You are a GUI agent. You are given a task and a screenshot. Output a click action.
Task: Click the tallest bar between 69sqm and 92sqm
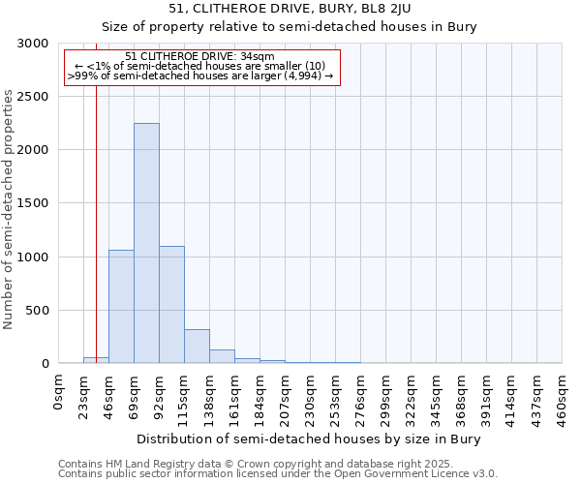pyautogui.click(x=146, y=243)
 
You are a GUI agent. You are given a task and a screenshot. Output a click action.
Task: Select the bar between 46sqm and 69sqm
pyautogui.click(x=121, y=306)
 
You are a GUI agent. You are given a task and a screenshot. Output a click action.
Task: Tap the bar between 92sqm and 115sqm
pyautogui.click(x=171, y=304)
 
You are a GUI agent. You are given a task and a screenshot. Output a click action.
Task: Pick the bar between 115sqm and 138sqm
pyautogui.click(x=197, y=346)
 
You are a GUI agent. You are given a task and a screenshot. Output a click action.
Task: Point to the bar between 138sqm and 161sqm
pyautogui.click(x=222, y=356)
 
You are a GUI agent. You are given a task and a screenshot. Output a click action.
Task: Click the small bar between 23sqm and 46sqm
pyautogui.click(x=96, y=360)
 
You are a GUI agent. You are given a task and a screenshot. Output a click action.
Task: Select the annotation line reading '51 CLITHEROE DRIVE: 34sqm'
pyautogui.click(x=200, y=57)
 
